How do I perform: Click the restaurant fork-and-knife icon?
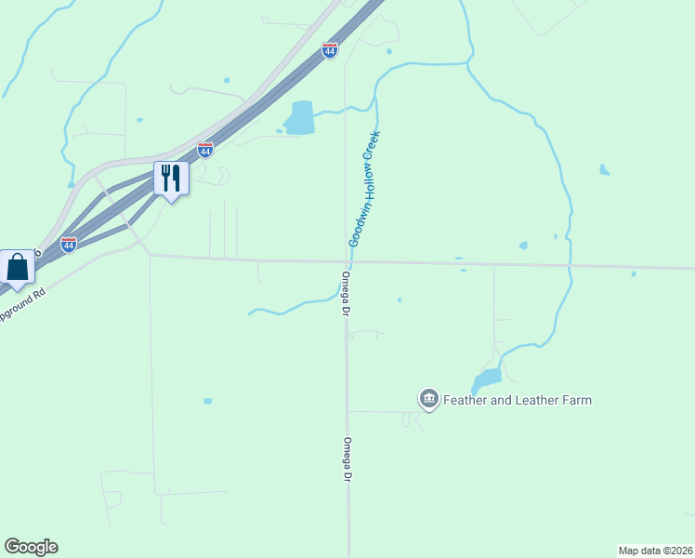coord(171,177)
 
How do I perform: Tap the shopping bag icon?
coord(17,267)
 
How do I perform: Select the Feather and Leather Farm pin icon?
coord(428,400)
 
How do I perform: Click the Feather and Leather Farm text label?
coord(518,400)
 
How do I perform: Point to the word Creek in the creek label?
coord(375,144)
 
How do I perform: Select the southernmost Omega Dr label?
coord(347,459)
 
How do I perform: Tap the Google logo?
coord(31,547)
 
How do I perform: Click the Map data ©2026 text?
coord(655,550)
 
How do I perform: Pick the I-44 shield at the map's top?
coord(330,50)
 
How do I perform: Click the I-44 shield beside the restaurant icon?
coord(205,149)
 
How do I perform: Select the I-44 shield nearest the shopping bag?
coord(69,245)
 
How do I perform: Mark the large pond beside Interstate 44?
coord(300,118)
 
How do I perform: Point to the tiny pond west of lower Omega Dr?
coord(207,402)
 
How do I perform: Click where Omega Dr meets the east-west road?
coord(345,261)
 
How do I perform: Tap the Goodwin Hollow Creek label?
coord(366,187)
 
